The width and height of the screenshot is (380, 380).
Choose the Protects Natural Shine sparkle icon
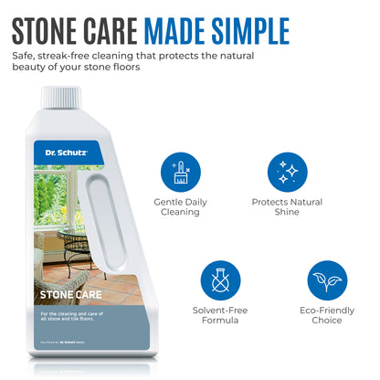tap(287, 172)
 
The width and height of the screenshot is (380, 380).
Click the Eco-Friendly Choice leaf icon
tap(327, 282)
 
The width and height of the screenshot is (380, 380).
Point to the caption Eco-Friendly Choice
tap(327, 316)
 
